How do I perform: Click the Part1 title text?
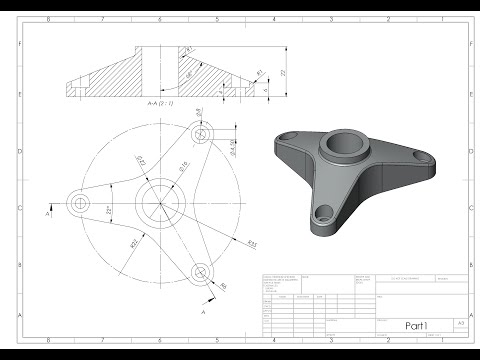(417, 325)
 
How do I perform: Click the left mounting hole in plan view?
(79, 203)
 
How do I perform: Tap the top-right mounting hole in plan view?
(203, 132)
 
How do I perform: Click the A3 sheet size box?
(460, 324)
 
